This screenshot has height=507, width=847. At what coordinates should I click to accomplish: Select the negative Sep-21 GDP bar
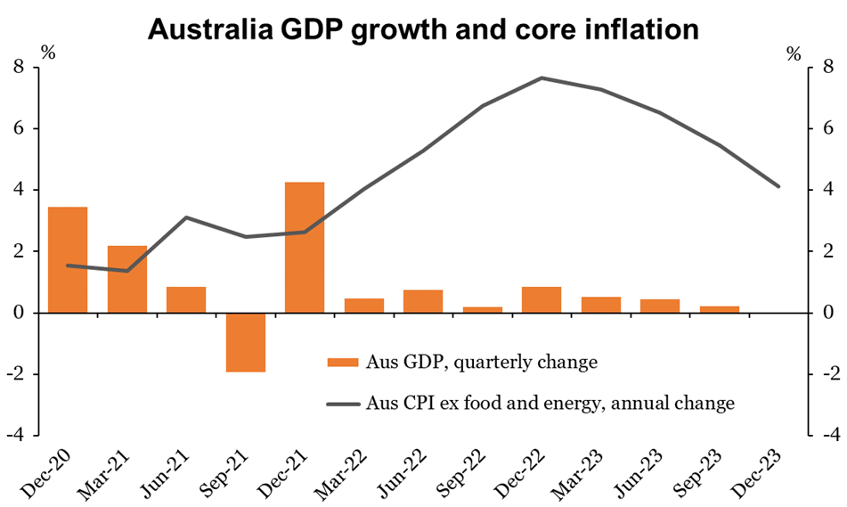click(246, 342)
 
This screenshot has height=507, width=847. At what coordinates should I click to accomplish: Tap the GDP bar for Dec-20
click(68, 259)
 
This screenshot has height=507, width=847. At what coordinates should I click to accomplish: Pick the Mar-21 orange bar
click(127, 279)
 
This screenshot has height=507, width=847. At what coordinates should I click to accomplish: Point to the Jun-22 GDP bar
click(423, 301)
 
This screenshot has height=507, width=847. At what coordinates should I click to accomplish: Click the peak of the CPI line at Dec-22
click(542, 78)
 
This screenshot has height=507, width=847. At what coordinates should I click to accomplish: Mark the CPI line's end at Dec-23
click(778, 186)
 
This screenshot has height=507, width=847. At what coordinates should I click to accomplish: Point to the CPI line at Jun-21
click(186, 217)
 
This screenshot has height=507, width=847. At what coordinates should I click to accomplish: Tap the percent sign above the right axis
click(794, 53)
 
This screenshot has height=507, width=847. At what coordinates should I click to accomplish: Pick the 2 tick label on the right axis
click(828, 251)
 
